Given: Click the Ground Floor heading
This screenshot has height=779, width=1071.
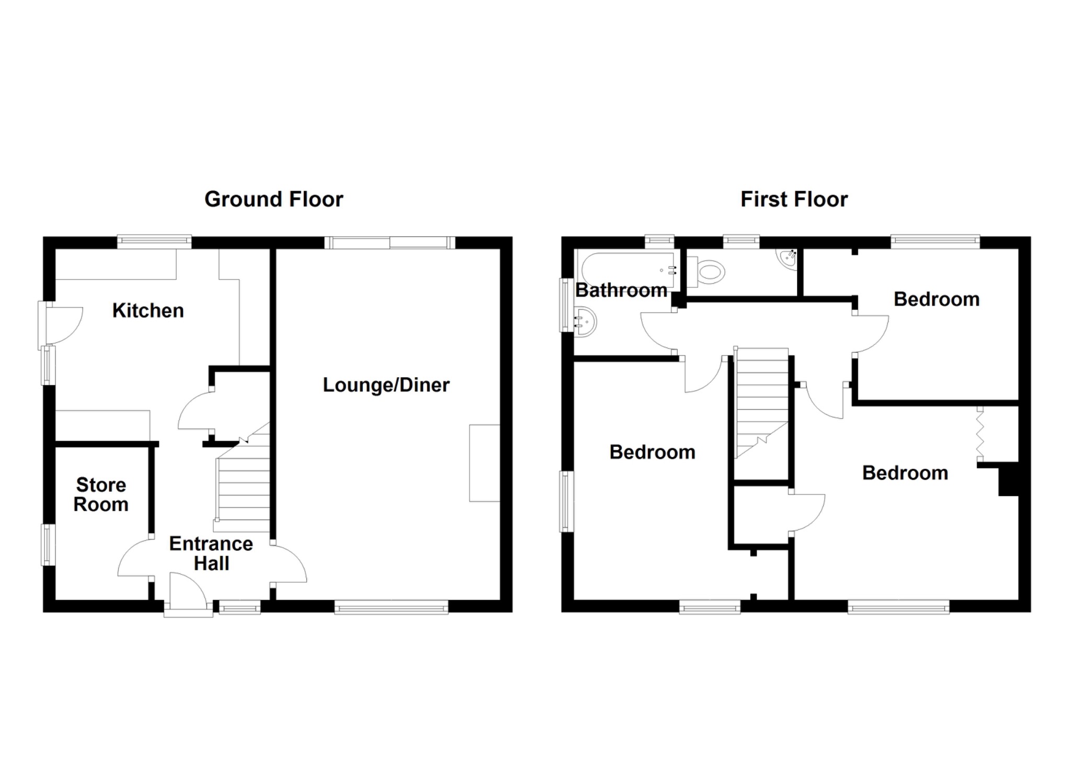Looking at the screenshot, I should coord(274,199).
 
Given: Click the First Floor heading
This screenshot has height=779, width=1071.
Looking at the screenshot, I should coord(794,199).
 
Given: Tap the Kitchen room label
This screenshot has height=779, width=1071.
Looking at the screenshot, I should coord(148,311).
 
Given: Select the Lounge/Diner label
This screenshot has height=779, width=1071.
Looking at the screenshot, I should coord(386,385).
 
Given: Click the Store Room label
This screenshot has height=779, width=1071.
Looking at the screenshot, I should coord(101,494).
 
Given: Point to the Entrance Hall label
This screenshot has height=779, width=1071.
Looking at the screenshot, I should coord(211,554).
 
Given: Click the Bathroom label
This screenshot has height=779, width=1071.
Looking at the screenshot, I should coord(621,290).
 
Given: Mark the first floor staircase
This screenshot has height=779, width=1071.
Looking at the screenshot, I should coord(761,403).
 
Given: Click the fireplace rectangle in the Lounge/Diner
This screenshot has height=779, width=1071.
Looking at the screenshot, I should coord(484,463).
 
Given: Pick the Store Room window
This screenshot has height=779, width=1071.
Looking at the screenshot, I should coord(48,545).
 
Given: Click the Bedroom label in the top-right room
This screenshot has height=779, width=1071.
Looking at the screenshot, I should coord(936,299).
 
